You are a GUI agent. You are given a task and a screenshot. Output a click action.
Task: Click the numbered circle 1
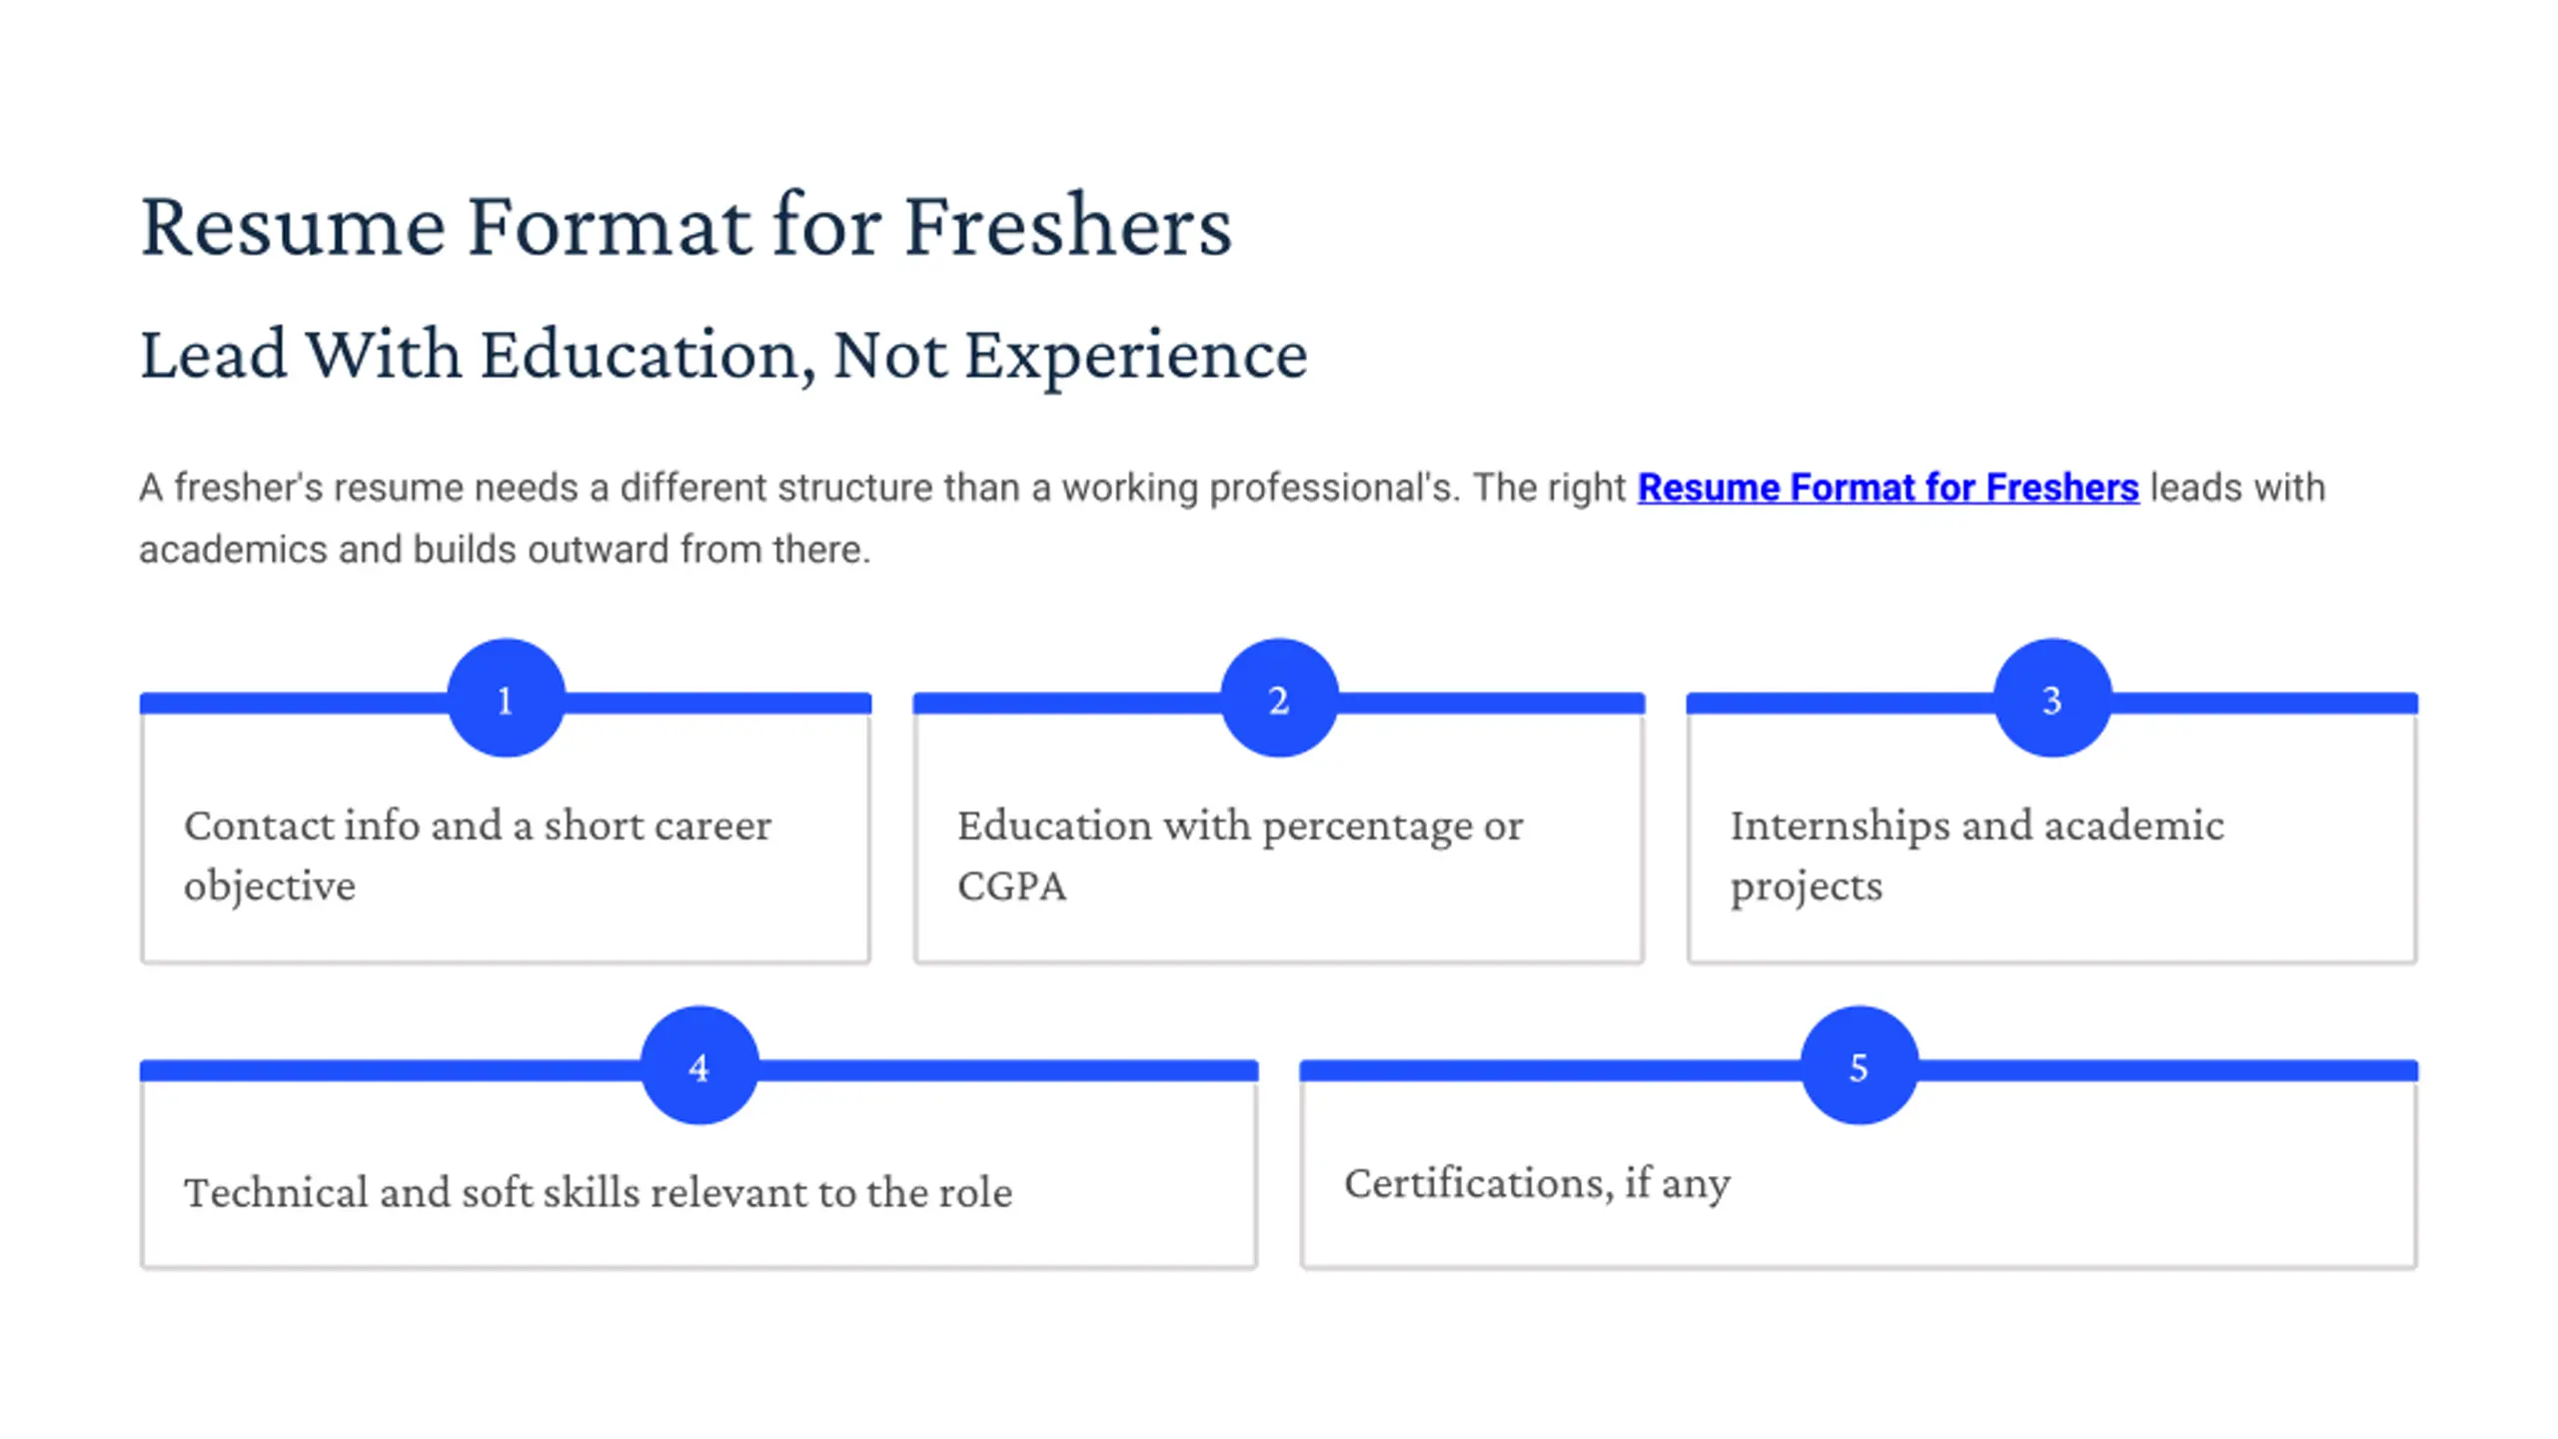[506, 698]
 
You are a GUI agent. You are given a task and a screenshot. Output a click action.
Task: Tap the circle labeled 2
[1279, 698]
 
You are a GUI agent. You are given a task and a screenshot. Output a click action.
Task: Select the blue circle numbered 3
[2052, 698]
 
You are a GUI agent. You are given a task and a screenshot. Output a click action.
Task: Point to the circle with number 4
[699, 1065]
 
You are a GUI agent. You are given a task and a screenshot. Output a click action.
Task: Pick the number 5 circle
[1859, 1065]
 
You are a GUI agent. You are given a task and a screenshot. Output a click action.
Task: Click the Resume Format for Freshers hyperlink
[1888, 488]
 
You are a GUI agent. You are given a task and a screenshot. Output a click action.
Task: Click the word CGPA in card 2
[1011, 886]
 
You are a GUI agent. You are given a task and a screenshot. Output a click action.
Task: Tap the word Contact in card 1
[258, 826]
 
